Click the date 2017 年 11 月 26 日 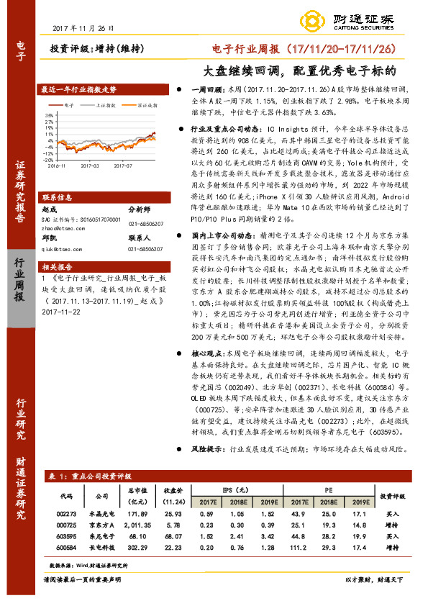83,28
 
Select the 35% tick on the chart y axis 49,114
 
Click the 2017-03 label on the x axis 91,166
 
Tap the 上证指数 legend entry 105,104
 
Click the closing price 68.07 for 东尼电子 173,536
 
